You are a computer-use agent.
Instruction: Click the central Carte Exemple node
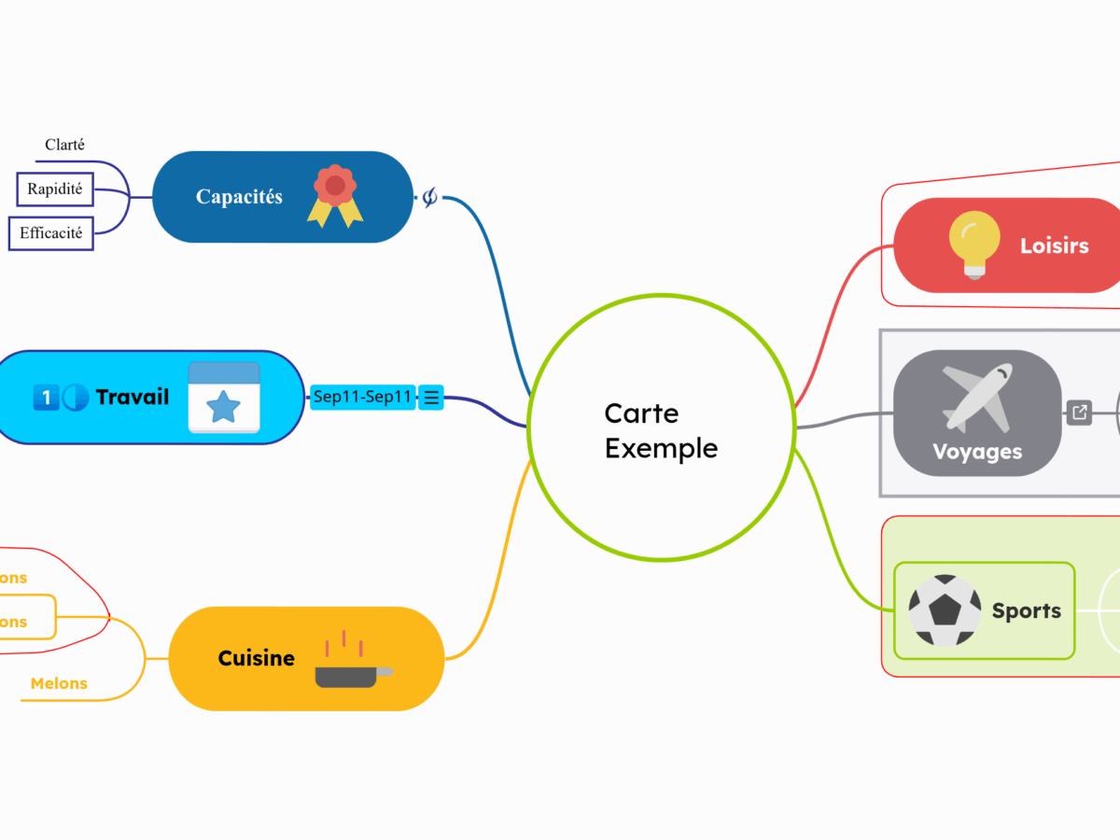point(661,429)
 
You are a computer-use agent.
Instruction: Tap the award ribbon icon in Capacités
point(335,196)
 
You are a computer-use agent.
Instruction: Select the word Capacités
point(239,197)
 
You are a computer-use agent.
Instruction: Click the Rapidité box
point(55,189)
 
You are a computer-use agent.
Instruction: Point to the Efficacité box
point(51,233)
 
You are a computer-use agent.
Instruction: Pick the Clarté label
point(65,145)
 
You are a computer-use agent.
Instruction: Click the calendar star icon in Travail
point(224,399)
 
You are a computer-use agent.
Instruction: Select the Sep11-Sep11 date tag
point(362,398)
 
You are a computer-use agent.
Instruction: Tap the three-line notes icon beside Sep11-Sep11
point(431,398)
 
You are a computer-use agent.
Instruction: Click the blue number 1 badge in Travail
point(45,398)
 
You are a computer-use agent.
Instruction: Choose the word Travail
point(133,398)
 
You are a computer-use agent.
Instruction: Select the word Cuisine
point(256,659)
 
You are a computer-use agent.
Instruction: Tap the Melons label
point(59,684)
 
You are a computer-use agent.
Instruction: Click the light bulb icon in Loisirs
point(974,245)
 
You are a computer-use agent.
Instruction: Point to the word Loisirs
point(1054,246)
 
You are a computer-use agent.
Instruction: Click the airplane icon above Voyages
point(976,396)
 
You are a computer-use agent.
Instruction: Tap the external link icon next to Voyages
point(1079,412)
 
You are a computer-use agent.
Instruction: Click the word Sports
point(1026,611)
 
